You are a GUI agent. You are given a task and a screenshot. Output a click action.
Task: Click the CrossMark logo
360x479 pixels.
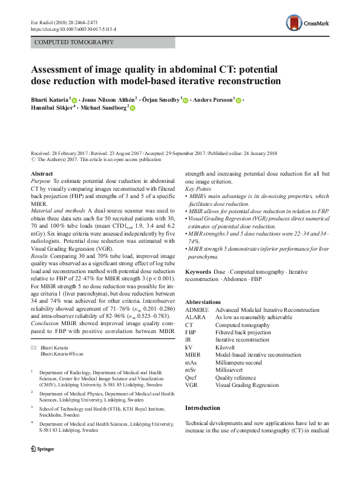[309, 24]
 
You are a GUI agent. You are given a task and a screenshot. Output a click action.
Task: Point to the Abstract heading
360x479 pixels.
[41, 173]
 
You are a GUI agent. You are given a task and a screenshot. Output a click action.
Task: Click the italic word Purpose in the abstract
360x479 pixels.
[40, 180]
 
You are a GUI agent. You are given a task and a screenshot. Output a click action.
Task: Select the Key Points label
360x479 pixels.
[197, 188]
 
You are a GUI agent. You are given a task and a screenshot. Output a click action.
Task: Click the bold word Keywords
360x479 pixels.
[198, 273]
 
